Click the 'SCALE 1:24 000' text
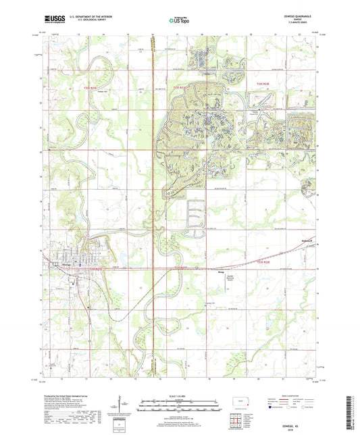[x=180, y=395]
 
